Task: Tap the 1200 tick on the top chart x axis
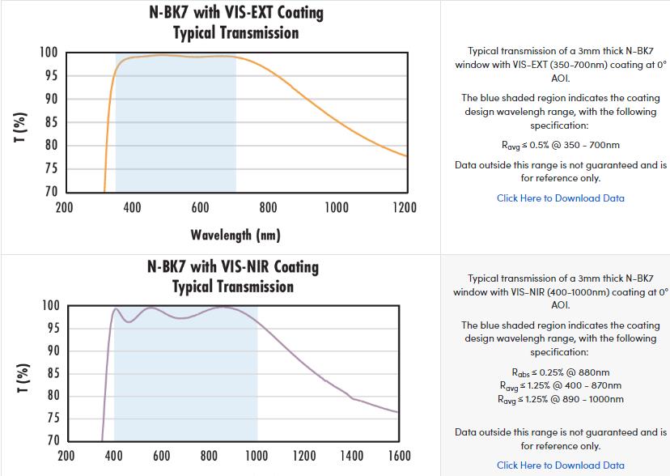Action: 404,208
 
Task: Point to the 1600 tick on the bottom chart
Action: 399,456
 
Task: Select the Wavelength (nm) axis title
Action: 235,235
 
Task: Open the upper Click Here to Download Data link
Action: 560,198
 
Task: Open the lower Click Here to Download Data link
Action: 560,465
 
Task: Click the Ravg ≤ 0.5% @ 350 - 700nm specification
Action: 560,146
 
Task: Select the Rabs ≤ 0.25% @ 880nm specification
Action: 560,373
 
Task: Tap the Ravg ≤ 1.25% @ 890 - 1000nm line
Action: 560,399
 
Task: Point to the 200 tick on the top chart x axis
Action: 64,208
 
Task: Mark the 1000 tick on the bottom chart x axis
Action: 257,456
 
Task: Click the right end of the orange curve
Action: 406,156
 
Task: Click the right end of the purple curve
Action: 398,412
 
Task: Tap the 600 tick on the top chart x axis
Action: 200,208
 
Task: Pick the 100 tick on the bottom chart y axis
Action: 50,306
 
